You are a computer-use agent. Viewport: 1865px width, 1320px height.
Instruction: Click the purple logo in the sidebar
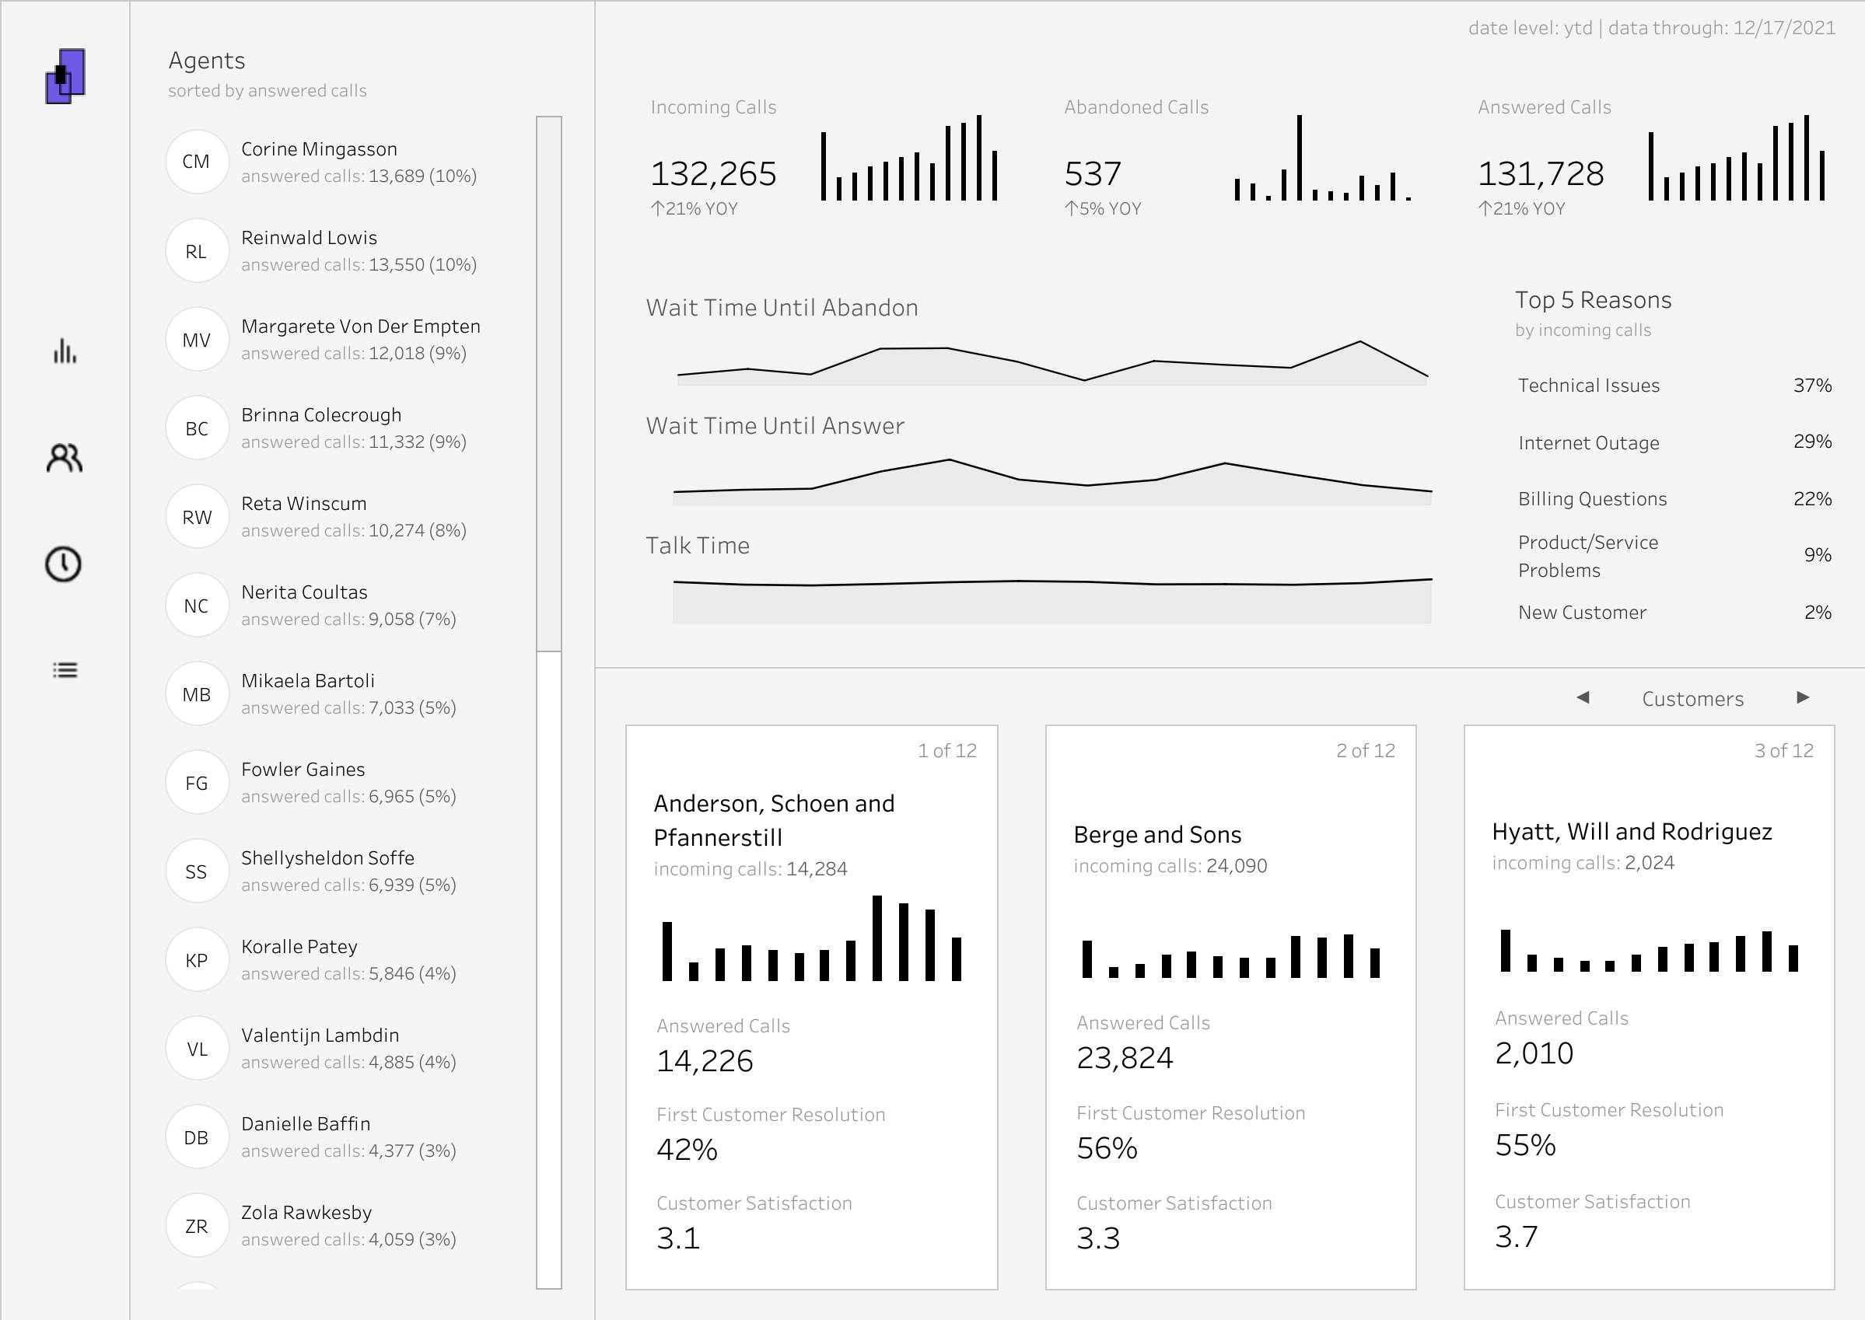point(65,75)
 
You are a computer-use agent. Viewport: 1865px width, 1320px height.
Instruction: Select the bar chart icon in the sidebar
point(65,352)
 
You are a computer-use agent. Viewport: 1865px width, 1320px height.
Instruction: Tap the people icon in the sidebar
point(65,459)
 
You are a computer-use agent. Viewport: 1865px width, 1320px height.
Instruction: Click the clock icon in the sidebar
point(64,564)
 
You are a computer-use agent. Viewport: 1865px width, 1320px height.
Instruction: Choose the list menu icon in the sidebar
point(65,670)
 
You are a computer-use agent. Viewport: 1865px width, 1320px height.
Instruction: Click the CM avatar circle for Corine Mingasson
point(196,162)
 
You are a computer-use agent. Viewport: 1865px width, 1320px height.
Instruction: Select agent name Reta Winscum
point(303,503)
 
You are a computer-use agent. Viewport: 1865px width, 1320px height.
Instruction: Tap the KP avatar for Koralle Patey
point(196,960)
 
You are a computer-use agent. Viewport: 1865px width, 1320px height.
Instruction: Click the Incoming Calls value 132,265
point(713,174)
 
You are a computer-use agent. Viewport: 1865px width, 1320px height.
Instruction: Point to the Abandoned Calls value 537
point(1093,174)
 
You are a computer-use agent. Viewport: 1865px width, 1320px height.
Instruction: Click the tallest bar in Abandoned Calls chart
point(1299,158)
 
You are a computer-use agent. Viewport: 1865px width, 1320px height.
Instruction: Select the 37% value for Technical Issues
point(1811,386)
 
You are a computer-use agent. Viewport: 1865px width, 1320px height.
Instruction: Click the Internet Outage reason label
point(1588,443)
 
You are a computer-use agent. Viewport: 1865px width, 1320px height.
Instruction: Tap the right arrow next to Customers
point(1803,697)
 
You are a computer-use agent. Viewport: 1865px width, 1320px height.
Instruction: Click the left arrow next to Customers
point(1582,697)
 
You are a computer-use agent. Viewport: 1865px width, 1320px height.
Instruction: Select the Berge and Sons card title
point(1157,835)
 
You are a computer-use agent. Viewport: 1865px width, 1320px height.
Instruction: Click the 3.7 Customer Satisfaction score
point(1517,1236)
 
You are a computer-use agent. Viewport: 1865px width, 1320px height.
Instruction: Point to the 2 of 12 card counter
point(1365,750)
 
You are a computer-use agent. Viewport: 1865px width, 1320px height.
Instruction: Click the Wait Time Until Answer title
point(774,426)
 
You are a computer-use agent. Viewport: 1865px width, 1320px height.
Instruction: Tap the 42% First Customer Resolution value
point(686,1149)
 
